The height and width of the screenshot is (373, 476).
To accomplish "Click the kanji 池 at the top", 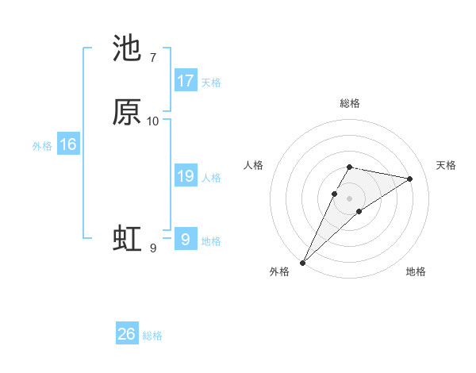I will point(127,49).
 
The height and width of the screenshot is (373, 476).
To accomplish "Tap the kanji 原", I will point(127,113).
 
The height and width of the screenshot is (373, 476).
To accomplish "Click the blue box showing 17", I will point(186,81).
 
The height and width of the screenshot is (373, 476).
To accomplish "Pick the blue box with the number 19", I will point(186,177).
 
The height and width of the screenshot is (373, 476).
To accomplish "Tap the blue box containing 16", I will point(67,144).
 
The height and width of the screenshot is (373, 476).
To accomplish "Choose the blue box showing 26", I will point(127,334).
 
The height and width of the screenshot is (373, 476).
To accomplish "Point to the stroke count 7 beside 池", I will point(152,57).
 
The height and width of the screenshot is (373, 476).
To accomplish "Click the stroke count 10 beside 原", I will point(153,121).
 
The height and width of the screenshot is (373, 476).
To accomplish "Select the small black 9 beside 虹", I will point(152,248).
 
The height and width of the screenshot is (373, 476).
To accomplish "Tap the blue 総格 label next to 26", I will point(152,336).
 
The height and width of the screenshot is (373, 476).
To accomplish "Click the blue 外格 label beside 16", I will point(42,146).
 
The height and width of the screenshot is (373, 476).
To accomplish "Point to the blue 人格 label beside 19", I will point(211,178).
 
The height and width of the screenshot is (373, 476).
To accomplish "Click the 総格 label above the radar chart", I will point(350,103).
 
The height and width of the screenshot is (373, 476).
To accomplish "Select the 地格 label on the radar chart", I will point(416,271).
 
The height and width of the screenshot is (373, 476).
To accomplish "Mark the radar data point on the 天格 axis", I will point(409,179).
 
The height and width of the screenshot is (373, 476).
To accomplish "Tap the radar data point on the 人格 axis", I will point(335,194).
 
